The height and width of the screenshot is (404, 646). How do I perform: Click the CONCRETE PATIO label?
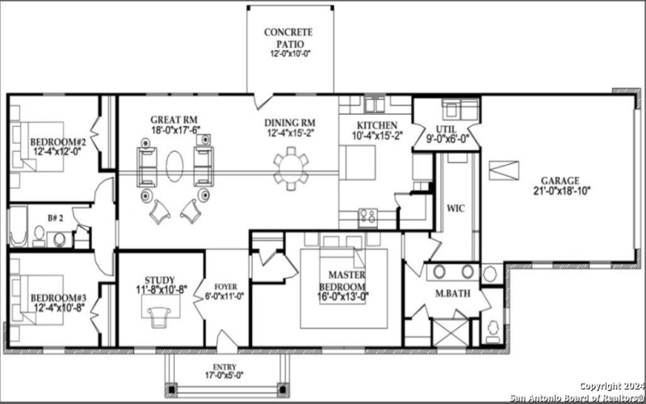click(289, 38)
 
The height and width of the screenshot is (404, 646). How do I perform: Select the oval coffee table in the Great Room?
click(175, 166)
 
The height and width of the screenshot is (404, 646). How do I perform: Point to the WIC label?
click(456, 208)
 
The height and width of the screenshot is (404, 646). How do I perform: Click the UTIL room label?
click(445, 129)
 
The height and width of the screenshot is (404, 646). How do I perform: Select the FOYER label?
click(225, 286)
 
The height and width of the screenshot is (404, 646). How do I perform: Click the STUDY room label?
click(160, 280)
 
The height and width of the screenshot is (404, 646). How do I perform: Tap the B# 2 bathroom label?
click(56, 218)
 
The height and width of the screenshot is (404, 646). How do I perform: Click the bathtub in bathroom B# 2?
click(19, 226)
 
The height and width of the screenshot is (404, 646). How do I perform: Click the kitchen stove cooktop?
click(367, 215)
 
